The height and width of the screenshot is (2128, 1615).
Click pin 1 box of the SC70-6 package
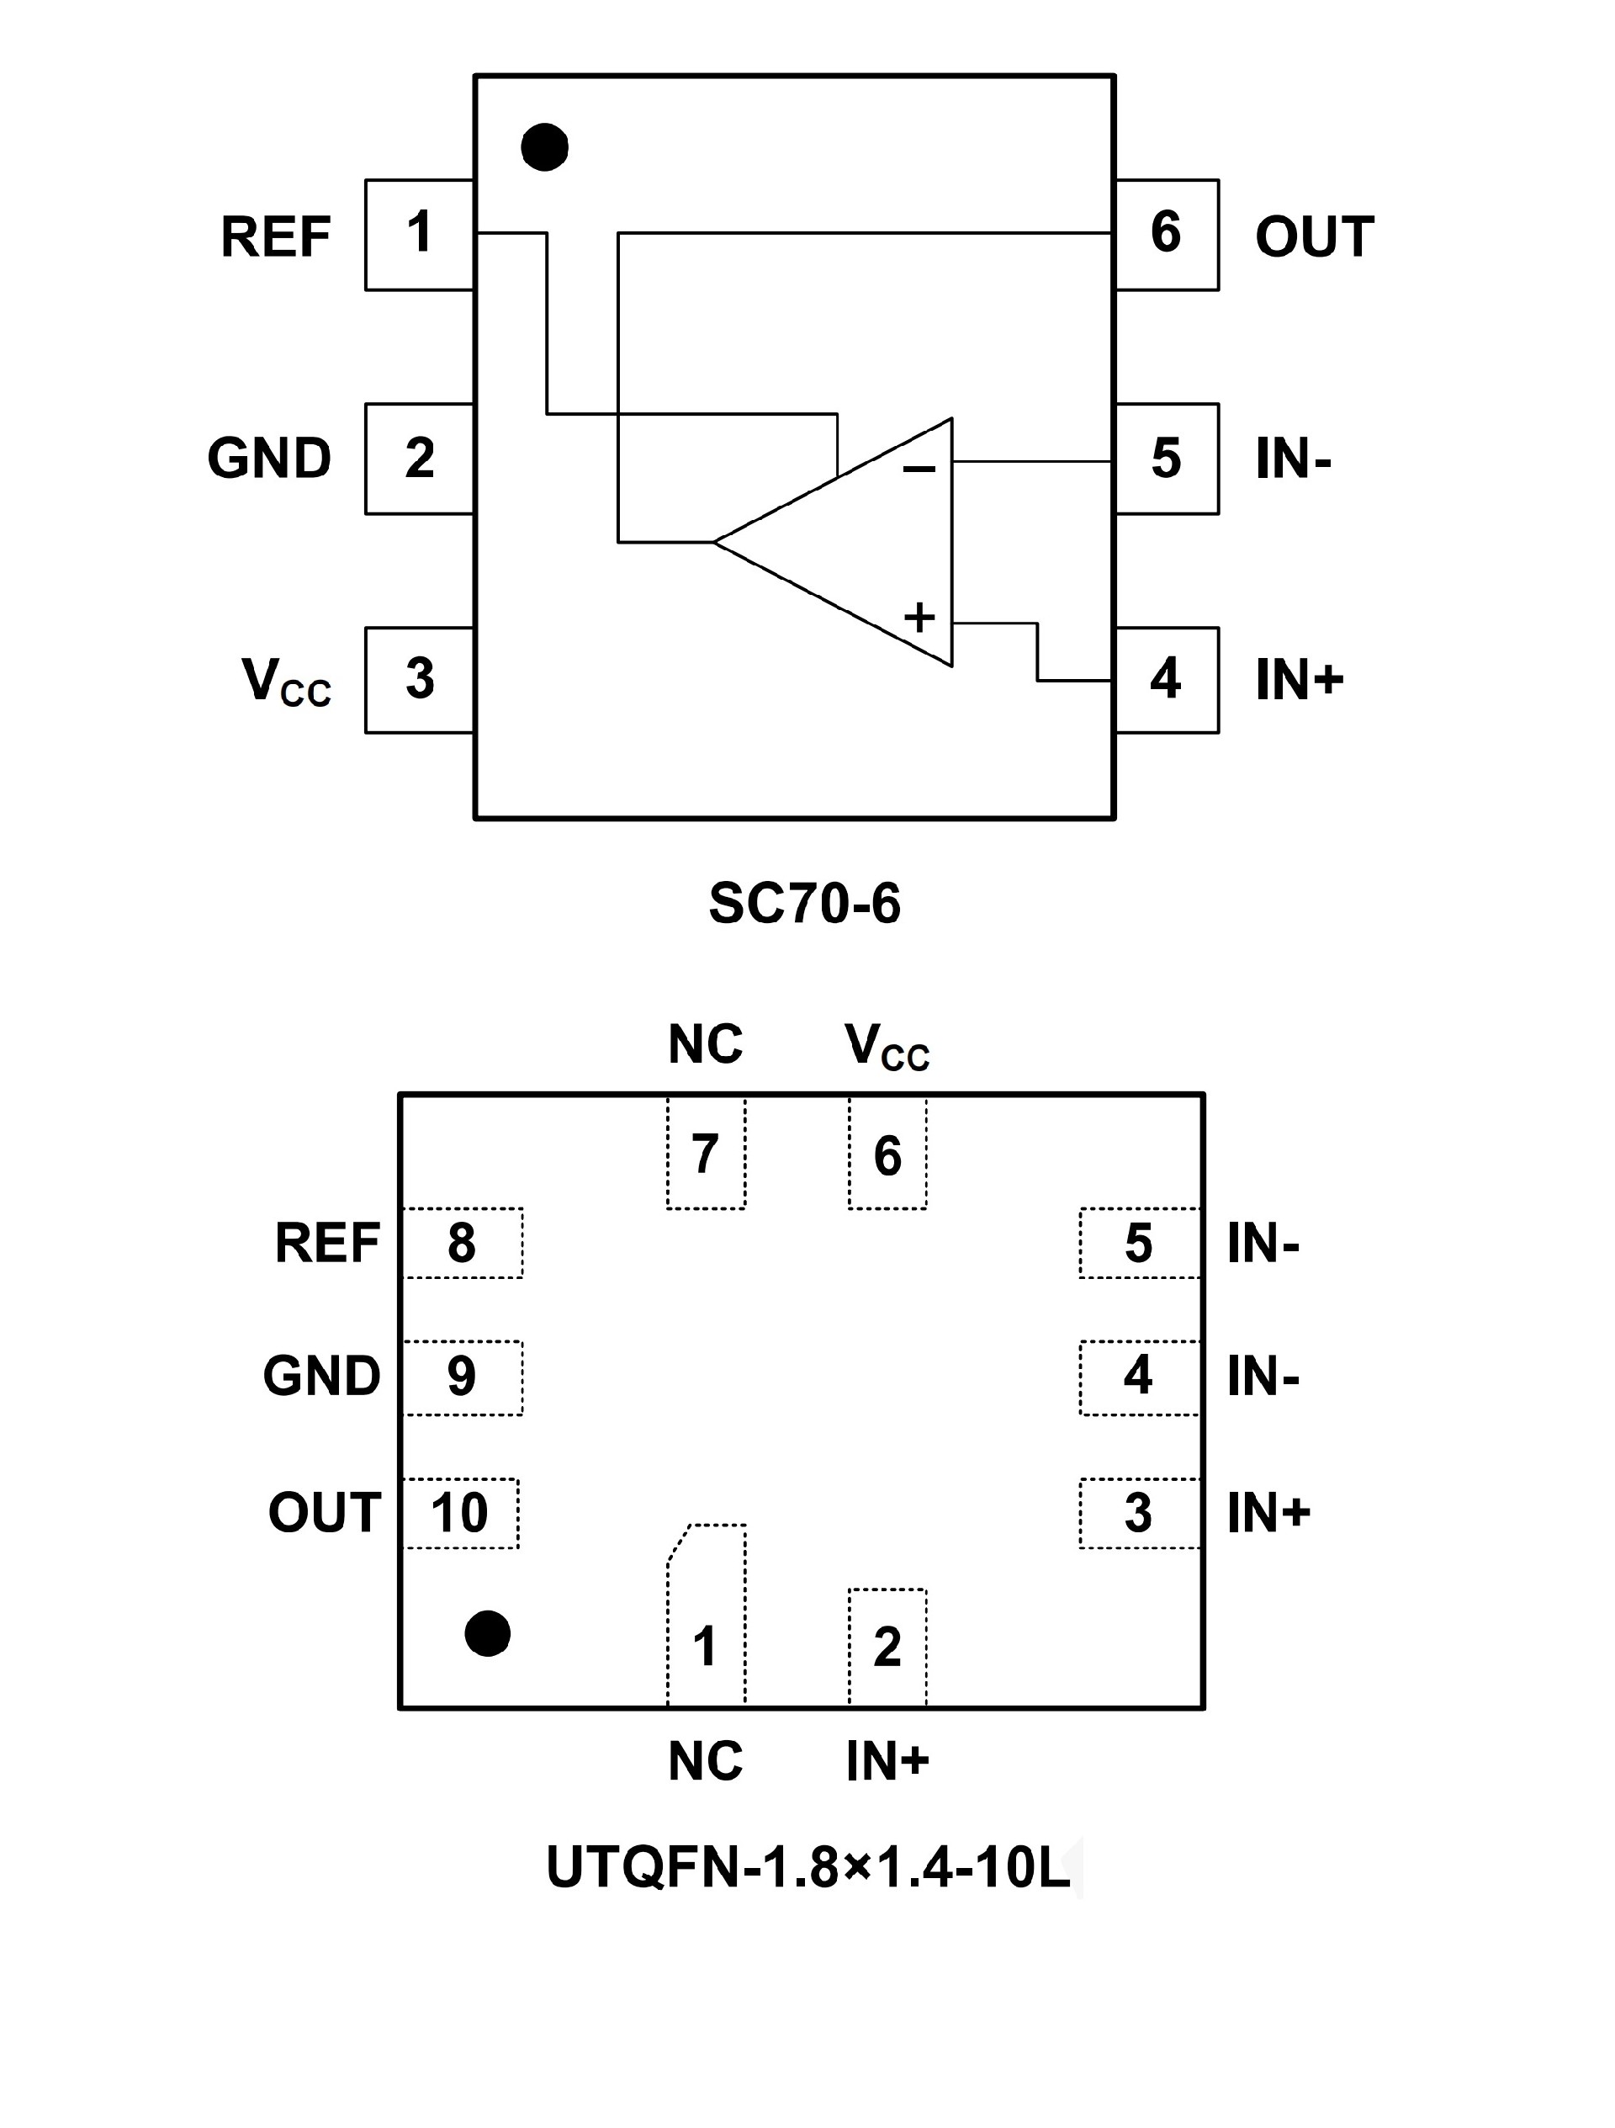pyautogui.click(x=420, y=234)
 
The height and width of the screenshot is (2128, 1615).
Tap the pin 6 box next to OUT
pyautogui.click(x=1166, y=234)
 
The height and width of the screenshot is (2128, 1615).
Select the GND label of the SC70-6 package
pyautogui.click(x=269, y=458)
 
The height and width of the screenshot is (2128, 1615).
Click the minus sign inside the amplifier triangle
pyautogui.click(x=919, y=470)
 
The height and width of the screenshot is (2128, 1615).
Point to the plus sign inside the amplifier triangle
pyautogui.click(x=919, y=617)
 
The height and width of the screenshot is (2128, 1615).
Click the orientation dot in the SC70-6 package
pyautogui.click(x=544, y=147)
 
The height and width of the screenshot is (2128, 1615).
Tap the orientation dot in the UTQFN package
pyautogui.click(x=488, y=1633)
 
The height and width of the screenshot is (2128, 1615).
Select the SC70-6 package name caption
pyautogui.click(x=804, y=904)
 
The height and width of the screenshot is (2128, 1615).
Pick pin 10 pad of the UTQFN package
pyautogui.click(x=460, y=1513)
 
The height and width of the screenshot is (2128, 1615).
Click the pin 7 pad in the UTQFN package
pyautogui.click(x=706, y=1154)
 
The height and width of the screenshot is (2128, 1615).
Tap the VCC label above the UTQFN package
pyautogui.click(x=887, y=1046)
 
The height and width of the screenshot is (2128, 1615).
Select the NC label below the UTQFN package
pyautogui.click(x=705, y=1761)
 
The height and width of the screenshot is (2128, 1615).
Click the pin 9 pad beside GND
pyautogui.click(x=462, y=1377)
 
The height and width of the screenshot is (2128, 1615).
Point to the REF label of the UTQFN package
pyautogui.click(x=327, y=1243)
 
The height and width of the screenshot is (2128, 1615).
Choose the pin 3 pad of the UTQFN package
pyautogui.click(x=1139, y=1513)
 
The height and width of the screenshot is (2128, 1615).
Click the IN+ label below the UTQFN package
pyautogui.click(x=887, y=1761)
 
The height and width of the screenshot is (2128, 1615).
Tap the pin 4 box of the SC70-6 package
pyautogui.click(x=1166, y=679)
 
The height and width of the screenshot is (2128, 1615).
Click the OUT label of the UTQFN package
pyautogui.click(x=324, y=1513)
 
